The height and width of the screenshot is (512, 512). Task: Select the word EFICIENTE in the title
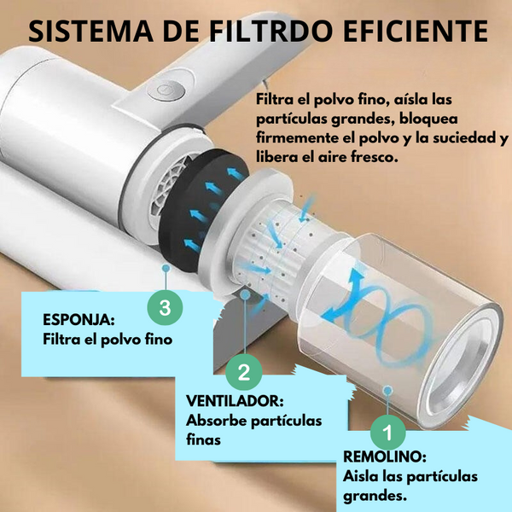pos(416,31)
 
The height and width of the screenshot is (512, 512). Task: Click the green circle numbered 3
pos(165,307)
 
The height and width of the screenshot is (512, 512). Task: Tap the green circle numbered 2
pos(244,372)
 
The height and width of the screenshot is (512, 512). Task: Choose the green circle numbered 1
pos(388,433)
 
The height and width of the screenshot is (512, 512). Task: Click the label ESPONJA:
pos(79,320)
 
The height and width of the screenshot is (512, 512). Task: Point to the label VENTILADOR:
pos(235,401)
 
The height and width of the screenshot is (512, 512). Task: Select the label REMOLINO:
pos(385,457)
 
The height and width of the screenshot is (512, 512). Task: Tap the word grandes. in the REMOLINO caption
pos(375,497)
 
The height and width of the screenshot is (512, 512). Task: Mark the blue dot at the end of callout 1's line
pos(387,391)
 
